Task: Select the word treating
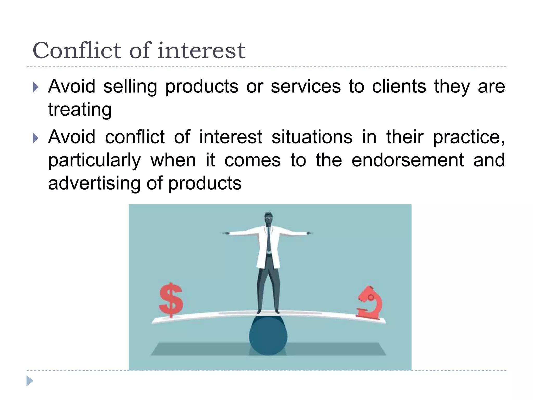tap(80, 109)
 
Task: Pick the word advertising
tap(94, 183)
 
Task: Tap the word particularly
tap(94, 160)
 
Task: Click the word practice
tap(468, 137)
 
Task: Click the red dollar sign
tap(171, 300)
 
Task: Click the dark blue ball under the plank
tap(268, 336)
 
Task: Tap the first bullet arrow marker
tap(36, 87)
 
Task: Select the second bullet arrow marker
tap(36, 138)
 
